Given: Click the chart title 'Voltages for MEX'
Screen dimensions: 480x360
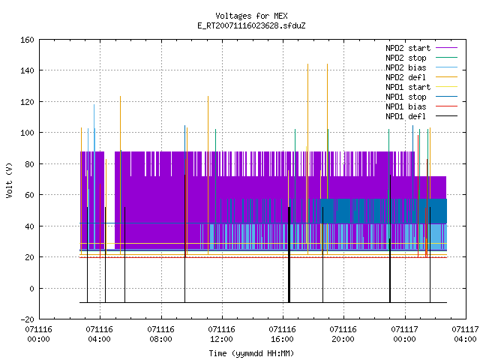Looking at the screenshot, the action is tap(251, 16).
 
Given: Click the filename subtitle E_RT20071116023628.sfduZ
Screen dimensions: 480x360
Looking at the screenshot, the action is tap(251, 25).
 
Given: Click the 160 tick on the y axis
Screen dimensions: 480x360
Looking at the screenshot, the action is tap(27, 40).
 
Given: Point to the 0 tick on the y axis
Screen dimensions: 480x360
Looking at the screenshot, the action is tap(31, 289).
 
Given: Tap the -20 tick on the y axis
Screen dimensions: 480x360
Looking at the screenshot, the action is tap(27, 319).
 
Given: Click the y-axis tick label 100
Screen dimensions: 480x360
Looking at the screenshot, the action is tap(27, 133).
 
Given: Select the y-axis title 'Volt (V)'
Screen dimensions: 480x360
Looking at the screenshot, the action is tap(10, 180).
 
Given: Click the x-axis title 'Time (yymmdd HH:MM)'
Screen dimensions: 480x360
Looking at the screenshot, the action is tap(251, 353).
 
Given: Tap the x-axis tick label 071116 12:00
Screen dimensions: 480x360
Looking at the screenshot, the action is tap(222, 334).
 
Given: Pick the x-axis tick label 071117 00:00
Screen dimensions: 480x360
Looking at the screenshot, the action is tap(405, 334).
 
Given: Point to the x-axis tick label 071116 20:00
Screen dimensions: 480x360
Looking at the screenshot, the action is tap(343, 334).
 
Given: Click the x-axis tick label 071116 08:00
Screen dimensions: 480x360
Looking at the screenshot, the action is tap(160, 334).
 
